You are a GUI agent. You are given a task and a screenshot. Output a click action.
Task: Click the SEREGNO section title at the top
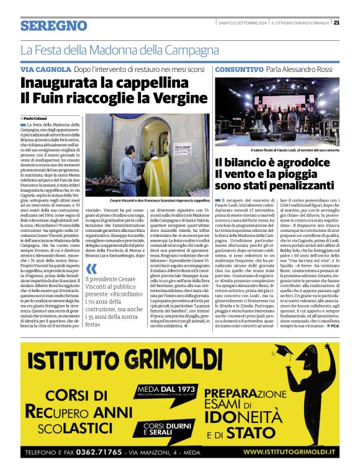click(x=53, y=25)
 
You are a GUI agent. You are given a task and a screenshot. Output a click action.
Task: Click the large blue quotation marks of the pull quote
click(x=92, y=269)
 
